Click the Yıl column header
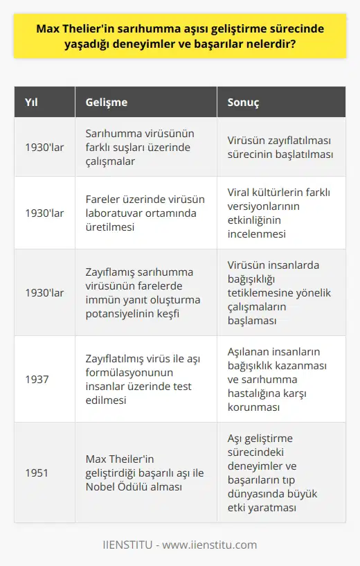[x=31, y=102]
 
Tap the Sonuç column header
[x=244, y=102]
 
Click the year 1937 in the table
[x=37, y=379]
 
